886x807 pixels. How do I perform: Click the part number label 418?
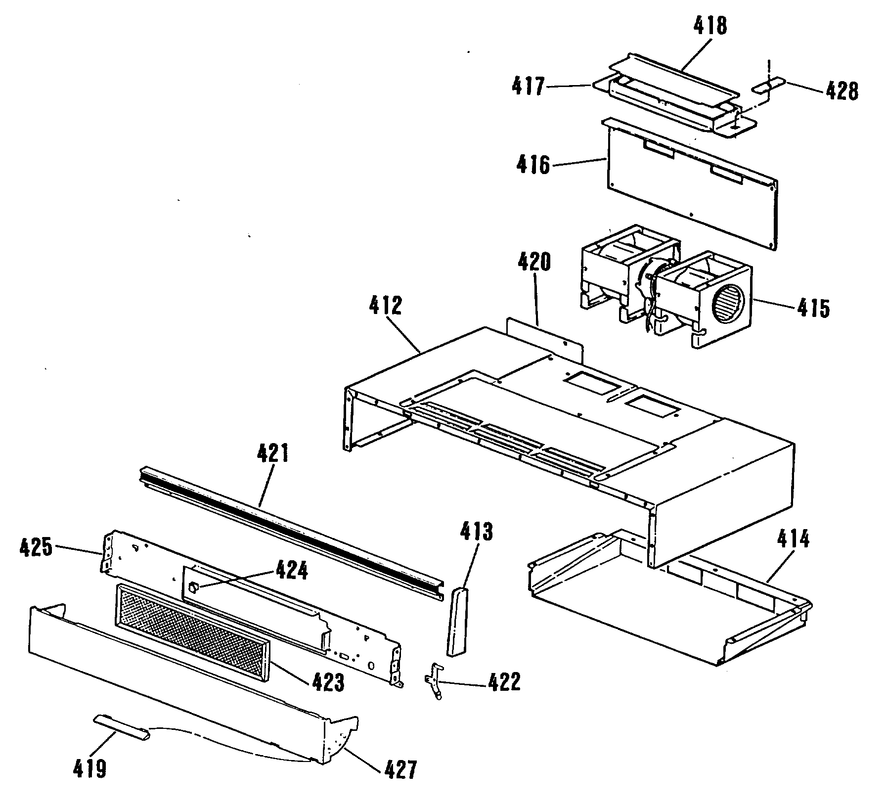tap(711, 25)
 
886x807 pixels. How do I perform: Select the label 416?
tap(533, 164)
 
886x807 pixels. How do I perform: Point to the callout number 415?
tap(813, 308)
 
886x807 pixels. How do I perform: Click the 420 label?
tap(534, 262)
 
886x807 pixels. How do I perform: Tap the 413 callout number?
tap(477, 532)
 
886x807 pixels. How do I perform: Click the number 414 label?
tap(793, 538)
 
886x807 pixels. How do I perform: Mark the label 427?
tap(400, 769)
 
